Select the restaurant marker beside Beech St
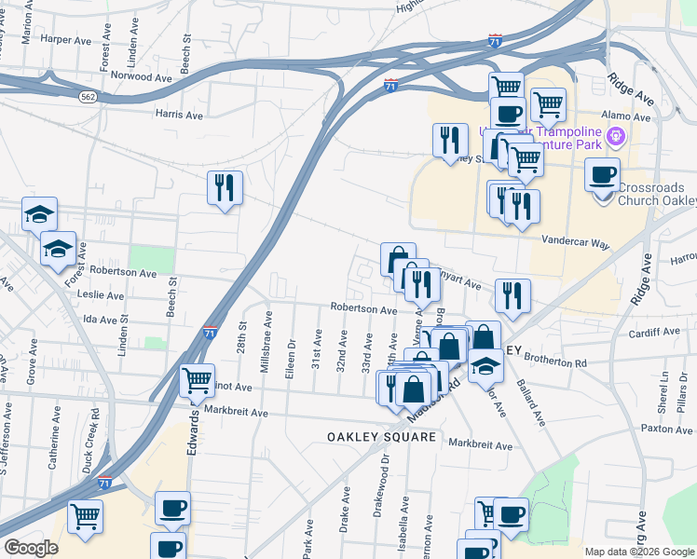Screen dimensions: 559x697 [x=225, y=188]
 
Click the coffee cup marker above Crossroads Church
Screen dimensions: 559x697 [x=603, y=174]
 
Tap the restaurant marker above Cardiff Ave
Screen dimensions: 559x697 [x=512, y=296]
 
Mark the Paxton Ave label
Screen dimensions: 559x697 [x=667, y=429]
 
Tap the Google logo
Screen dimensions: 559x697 [x=33, y=548]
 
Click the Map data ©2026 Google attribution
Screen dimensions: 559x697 [x=638, y=552]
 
